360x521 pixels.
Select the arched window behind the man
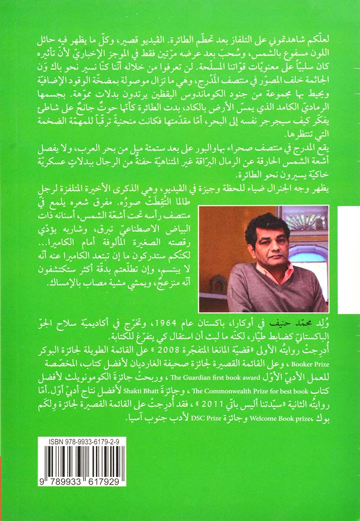pyautogui.click(x=308, y=233)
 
